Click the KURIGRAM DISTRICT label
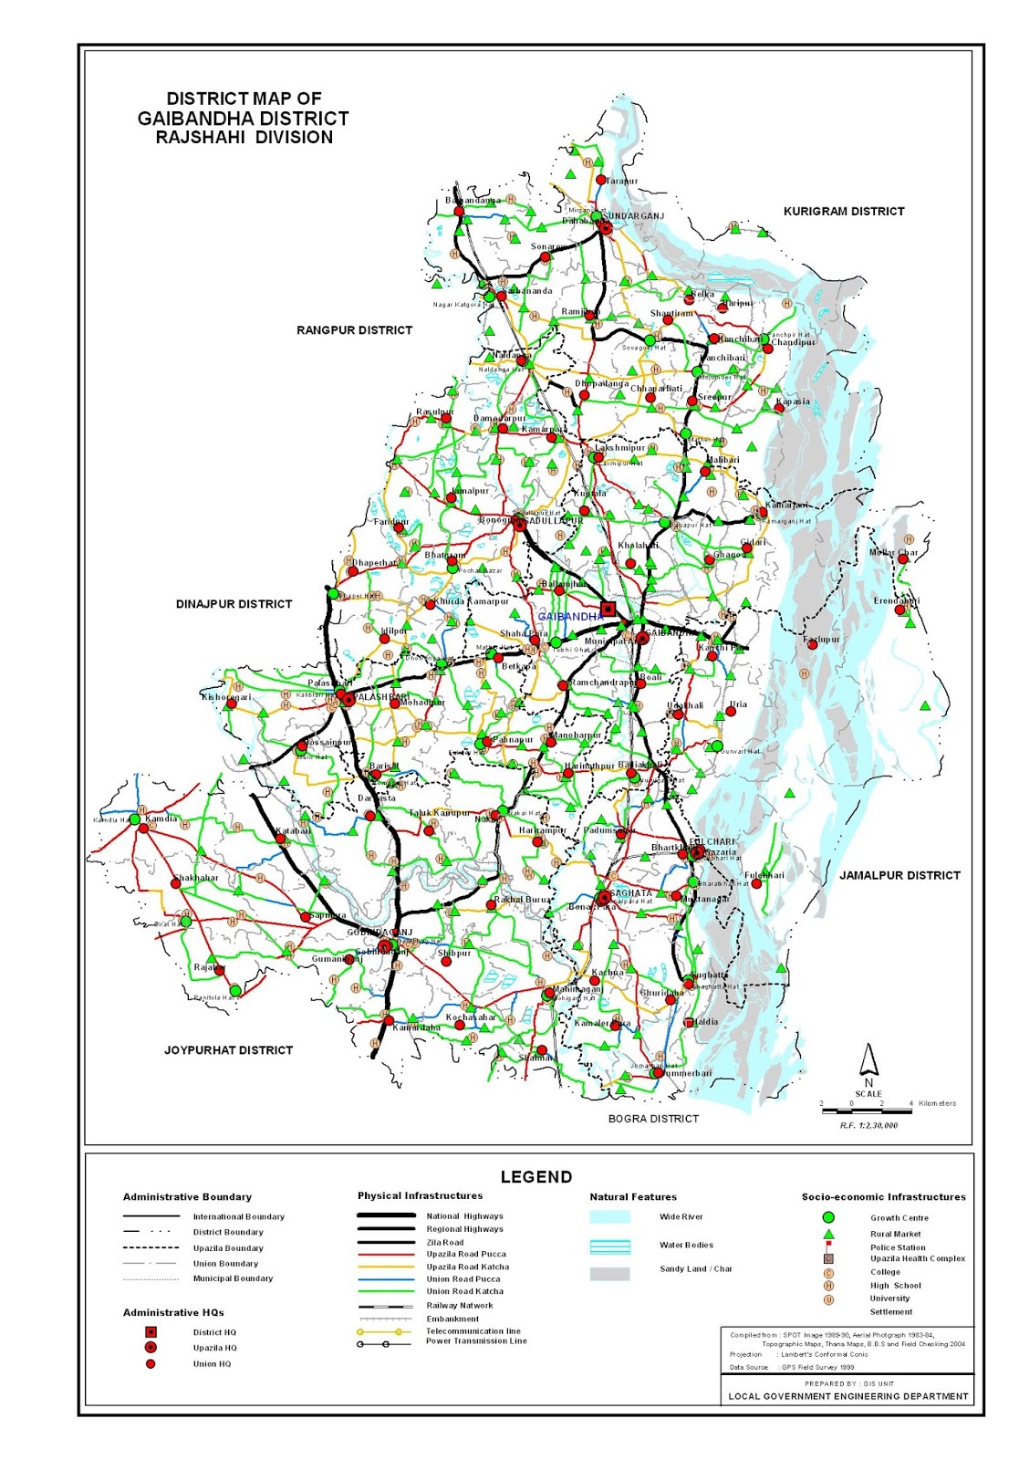pos(844,211)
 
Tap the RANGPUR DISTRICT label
pos(354,330)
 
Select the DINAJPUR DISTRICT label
pos(234,604)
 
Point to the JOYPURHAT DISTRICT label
pos(228,1050)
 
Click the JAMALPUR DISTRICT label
pos(899,875)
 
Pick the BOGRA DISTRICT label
pos(653,1119)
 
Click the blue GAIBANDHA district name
pos(570,617)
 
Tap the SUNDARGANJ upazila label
pos(633,216)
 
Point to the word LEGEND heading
pos(536,1177)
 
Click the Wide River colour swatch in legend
pos(609,1217)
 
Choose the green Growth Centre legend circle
pos(828,1217)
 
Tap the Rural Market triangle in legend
pos(828,1233)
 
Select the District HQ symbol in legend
pos(151,1332)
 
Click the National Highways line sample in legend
pos(386,1215)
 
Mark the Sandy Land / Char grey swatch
pos(609,1274)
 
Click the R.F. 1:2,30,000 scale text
pos(868,1125)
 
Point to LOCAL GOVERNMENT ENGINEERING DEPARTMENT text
pos(848,1396)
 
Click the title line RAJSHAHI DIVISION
pos(244,138)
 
